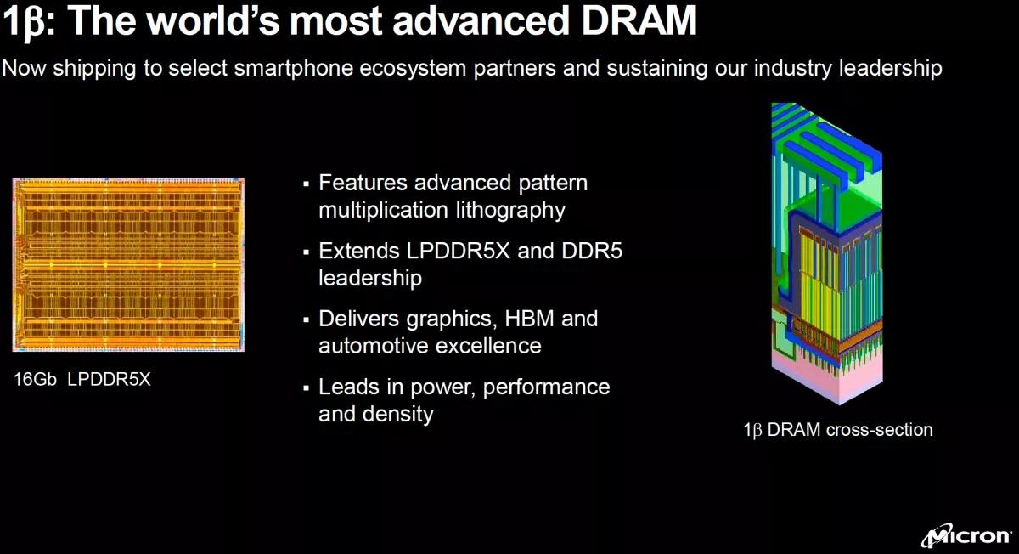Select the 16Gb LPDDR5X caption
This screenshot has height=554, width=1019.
click(x=82, y=380)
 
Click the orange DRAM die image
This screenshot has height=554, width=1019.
click(x=128, y=264)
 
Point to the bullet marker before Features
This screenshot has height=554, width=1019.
click(x=306, y=184)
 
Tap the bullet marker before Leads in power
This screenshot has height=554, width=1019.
click(x=306, y=388)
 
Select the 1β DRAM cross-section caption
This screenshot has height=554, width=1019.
click(x=837, y=430)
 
